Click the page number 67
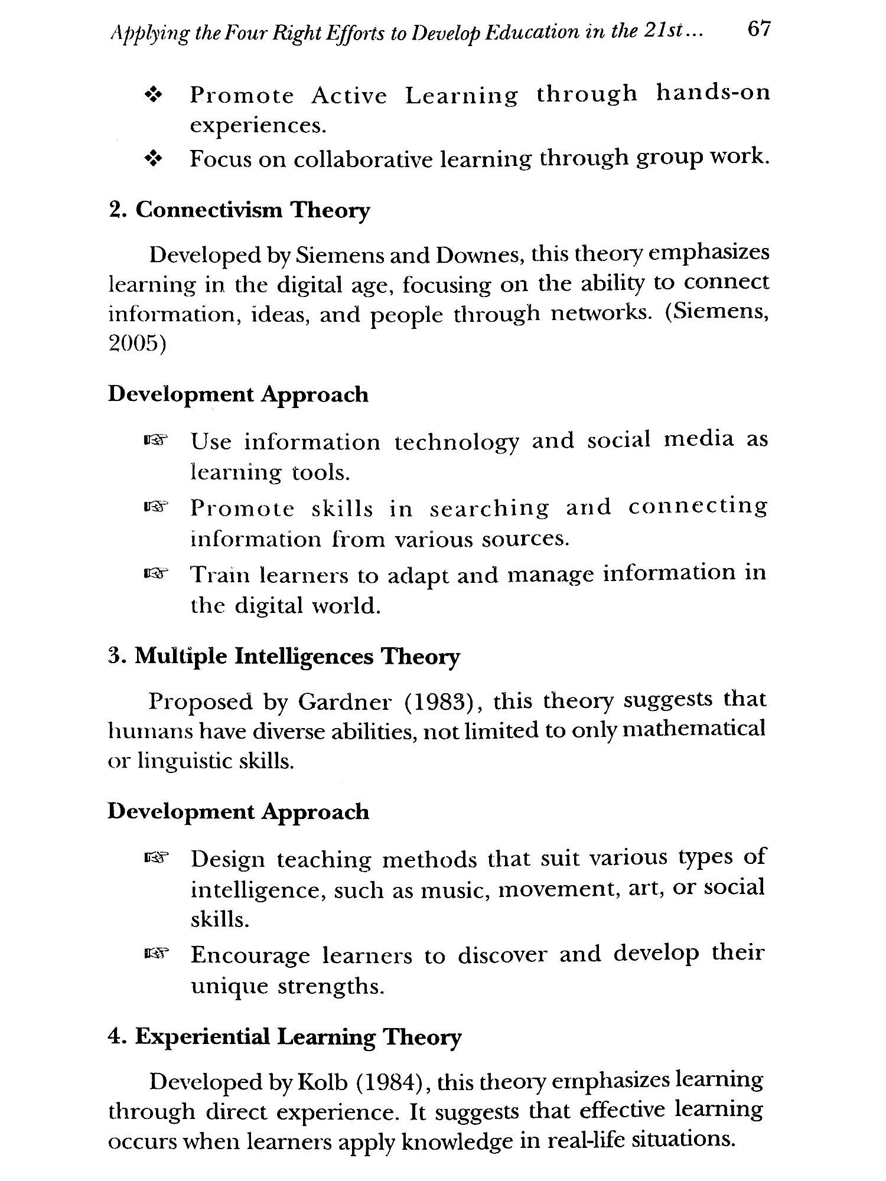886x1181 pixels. [758, 29]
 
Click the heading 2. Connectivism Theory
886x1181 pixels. [239, 211]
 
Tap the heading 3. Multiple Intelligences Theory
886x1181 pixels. [284, 657]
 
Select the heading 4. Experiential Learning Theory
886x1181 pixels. [284, 1038]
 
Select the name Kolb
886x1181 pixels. [325, 1082]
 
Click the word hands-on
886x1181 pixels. [713, 93]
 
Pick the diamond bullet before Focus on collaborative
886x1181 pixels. [154, 159]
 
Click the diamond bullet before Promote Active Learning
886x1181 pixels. [154, 95]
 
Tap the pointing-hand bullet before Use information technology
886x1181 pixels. [155, 440]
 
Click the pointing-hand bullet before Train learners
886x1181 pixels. [155, 573]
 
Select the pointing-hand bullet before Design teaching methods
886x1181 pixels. [155, 857]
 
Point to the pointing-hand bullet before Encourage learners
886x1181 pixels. [155, 952]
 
